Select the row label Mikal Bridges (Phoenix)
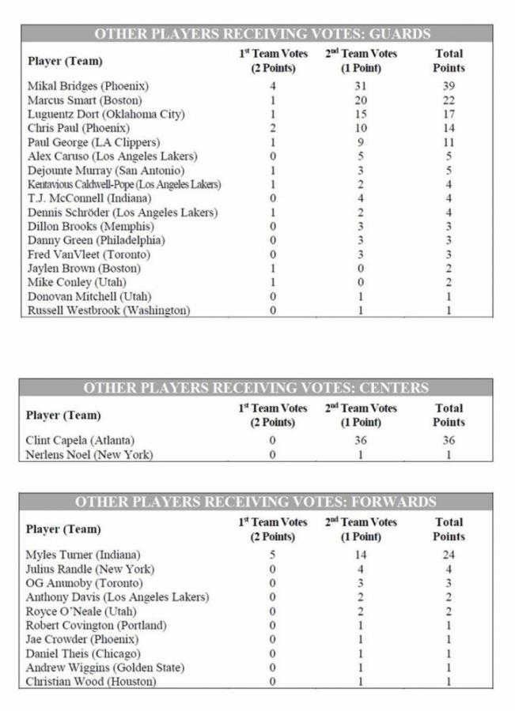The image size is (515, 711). coord(88,85)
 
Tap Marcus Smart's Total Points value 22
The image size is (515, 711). coord(449,100)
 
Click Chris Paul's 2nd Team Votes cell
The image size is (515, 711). coord(361,128)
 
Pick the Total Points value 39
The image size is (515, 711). coord(449,85)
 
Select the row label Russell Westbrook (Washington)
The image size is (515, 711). coord(108,310)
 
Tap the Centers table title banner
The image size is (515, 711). coord(257,388)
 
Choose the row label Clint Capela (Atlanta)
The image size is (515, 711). coord(80,440)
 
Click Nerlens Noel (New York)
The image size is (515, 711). coord(89,454)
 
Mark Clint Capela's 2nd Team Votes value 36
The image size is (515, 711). coord(361,440)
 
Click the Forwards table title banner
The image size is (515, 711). coord(257,502)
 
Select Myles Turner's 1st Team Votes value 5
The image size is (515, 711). coord(272,555)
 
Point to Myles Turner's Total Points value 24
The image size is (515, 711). coord(449,555)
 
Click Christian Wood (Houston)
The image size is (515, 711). coord(89,682)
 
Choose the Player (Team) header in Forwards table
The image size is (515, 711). coord(64,529)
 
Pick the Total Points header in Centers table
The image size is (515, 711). coord(449,415)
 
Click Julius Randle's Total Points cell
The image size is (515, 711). coord(449,569)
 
